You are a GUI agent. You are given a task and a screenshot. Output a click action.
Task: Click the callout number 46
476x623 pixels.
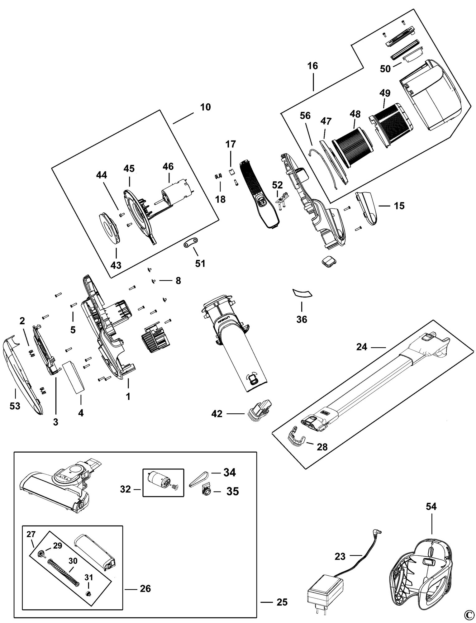[x=168, y=167]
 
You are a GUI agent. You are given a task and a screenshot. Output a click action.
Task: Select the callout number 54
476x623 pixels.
[x=431, y=507]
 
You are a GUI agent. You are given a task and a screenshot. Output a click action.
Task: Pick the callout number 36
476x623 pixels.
[x=302, y=319]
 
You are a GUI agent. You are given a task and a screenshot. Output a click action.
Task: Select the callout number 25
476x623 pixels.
[x=282, y=602]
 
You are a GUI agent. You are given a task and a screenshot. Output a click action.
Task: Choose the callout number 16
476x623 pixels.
[x=312, y=66]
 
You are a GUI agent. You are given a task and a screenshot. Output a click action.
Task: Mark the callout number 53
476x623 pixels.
[x=15, y=406]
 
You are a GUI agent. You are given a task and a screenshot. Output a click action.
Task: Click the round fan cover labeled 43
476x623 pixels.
[x=110, y=229]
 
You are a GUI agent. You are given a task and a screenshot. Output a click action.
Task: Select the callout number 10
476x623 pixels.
[x=206, y=107]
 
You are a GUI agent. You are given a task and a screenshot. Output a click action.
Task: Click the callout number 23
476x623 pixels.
[x=340, y=556]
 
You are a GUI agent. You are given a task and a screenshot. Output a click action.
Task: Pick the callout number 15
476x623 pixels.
[x=399, y=206]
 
